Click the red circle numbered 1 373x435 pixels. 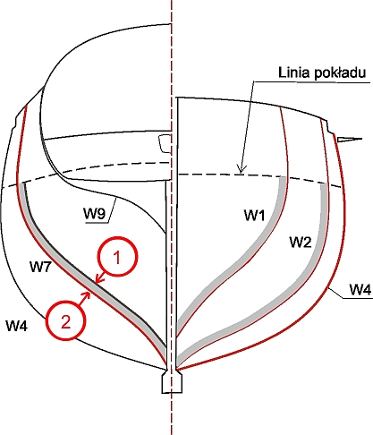pyautogui.click(x=118, y=256)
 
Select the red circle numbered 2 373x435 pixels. pyautogui.click(x=65, y=320)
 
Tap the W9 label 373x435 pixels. pyautogui.click(x=94, y=214)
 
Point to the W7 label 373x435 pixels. pyautogui.click(x=41, y=267)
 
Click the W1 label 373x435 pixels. pyautogui.click(x=254, y=215)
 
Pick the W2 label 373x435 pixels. pyautogui.click(x=301, y=242)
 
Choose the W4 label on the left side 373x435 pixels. pyautogui.click(x=17, y=325)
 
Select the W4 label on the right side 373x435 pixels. pyautogui.click(x=360, y=289)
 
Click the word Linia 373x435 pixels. pyautogui.click(x=294, y=72)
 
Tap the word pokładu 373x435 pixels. pyautogui.click(x=340, y=73)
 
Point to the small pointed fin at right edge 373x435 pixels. pyautogui.click(x=350, y=139)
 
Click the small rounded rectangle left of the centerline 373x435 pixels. pyautogui.click(x=165, y=143)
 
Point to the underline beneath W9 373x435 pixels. pyautogui.click(x=96, y=222)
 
